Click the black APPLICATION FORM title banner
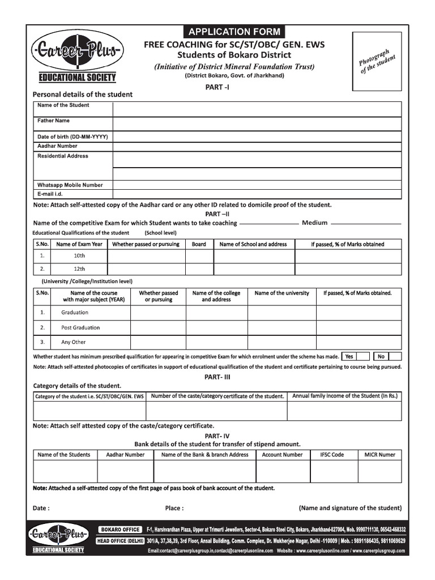[234, 32]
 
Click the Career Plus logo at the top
[76, 52]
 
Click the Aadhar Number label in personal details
[57, 146]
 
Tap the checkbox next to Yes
[364, 356]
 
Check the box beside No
[395, 356]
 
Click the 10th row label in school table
[79, 255]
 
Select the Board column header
[199, 244]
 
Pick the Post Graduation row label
[80, 327]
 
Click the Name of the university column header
[282, 293]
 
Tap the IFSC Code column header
[332, 455]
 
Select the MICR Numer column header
[379, 455]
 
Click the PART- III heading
[217, 377]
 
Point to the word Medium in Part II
[314, 223]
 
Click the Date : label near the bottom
[41, 508]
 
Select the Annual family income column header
[345, 396]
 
